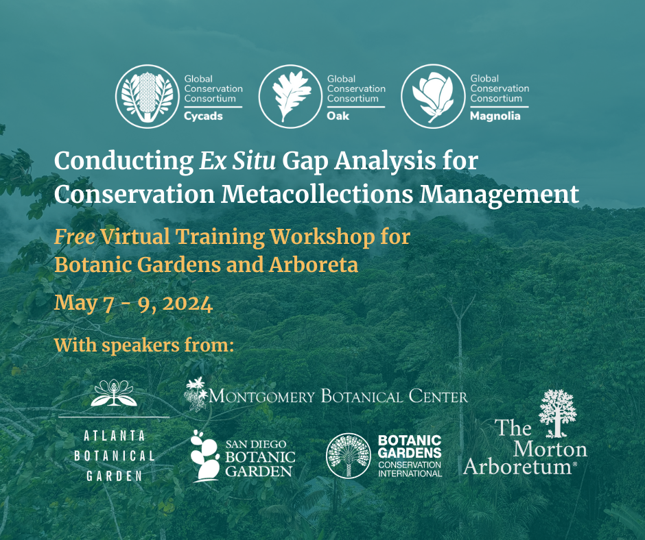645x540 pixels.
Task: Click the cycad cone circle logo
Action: (x=148, y=96)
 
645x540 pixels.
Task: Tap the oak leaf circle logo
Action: (x=291, y=96)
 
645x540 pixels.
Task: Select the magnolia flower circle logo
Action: (x=433, y=96)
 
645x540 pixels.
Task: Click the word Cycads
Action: (x=203, y=116)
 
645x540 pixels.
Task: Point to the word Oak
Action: (x=338, y=116)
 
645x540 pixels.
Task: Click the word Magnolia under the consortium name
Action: (x=495, y=116)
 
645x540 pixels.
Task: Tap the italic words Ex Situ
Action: (x=237, y=160)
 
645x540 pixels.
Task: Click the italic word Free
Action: (x=75, y=237)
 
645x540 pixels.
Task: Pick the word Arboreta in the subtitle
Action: (x=314, y=265)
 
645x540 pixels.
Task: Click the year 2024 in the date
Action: (x=187, y=304)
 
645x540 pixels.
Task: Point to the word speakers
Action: (x=141, y=346)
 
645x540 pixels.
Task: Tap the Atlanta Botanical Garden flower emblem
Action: (x=114, y=393)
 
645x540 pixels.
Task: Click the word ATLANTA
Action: (x=115, y=436)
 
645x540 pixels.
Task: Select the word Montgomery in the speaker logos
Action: (x=262, y=397)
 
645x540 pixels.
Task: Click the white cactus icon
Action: (x=205, y=456)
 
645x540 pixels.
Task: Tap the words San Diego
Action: (x=256, y=444)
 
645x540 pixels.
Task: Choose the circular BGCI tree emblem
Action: (x=349, y=456)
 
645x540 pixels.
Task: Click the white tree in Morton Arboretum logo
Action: (x=557, y=413)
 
